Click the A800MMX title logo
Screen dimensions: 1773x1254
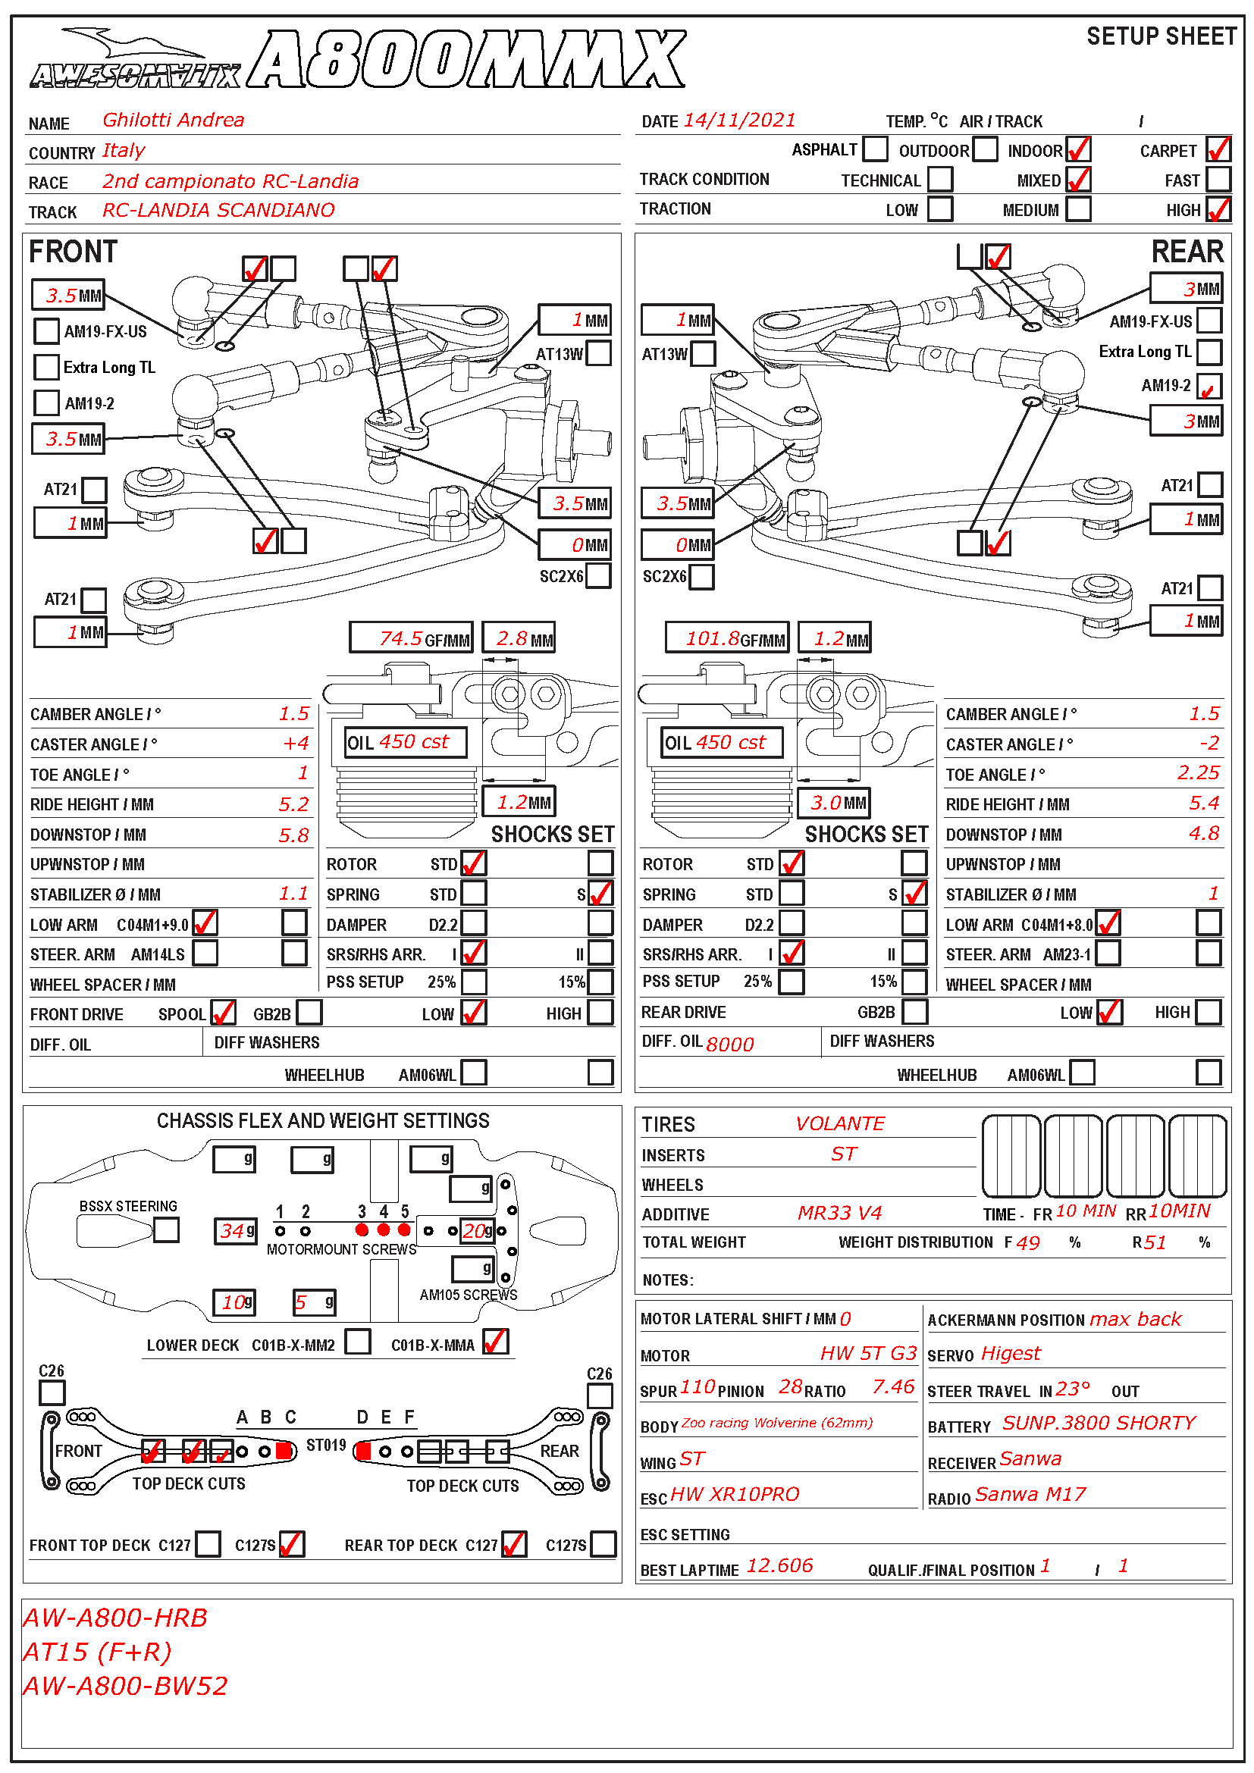(x=466, y=60)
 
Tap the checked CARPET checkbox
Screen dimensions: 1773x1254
(x=1218, y=149)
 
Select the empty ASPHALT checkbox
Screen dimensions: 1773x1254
(x=875, y=149)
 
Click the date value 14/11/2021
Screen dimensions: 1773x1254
(x=739, y=121)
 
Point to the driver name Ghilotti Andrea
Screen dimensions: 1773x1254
(x=173, y=120)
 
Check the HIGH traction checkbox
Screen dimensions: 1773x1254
(x=1218, y=209)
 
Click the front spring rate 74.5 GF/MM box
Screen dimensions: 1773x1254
(x=411, y=637)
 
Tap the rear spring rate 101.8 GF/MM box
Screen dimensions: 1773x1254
(x=726, y=637)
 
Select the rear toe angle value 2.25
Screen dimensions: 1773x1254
(x=1198, y=773)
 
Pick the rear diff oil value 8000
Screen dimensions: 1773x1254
(x=729, y=1044)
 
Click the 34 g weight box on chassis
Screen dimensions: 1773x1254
(x=235, y=1231)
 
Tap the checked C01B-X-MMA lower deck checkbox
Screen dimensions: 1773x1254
(x=496, y=1342)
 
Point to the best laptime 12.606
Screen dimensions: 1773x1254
(x=779, y=1565)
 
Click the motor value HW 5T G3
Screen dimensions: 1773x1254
(x=867, y=1353)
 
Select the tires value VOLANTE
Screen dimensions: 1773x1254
(x=839, y=1123)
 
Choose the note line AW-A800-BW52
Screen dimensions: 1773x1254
(x=125, y=1685)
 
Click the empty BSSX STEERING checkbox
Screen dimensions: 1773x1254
(x=166, y=1230)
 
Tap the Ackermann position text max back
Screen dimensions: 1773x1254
(x=1134, y=1319)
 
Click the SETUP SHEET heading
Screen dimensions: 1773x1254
(x=1161, y=36)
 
